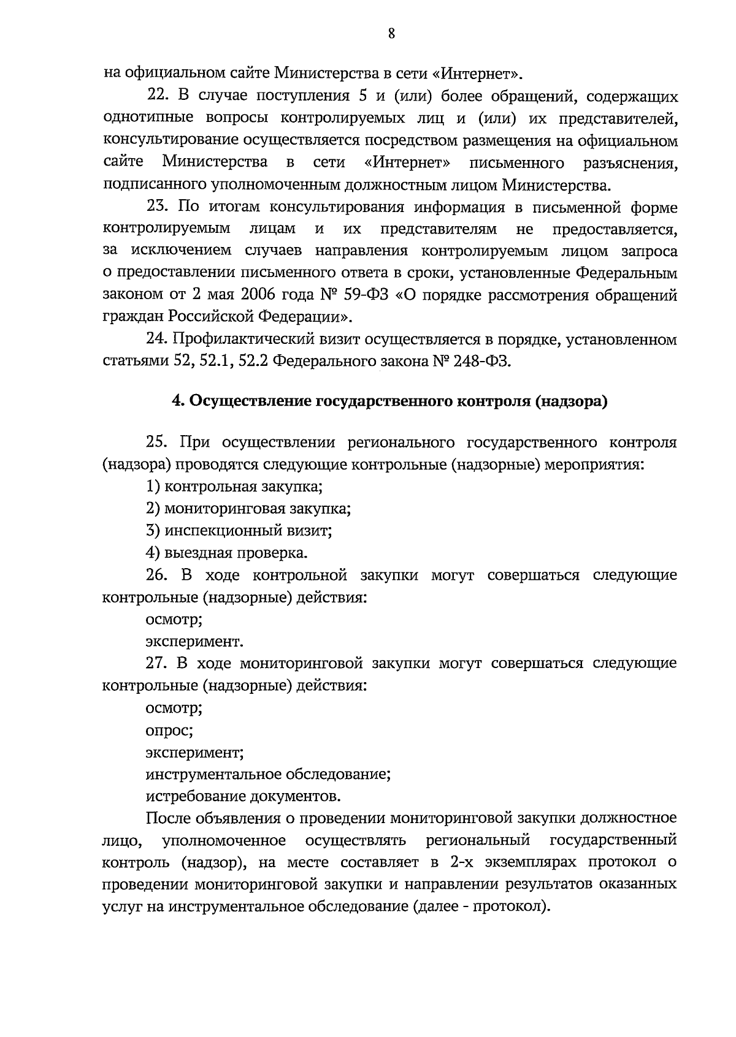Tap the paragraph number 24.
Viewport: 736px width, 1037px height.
pyautogui.click(x=157, y=339)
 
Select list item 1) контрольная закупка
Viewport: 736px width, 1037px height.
pyautogui.click(x=234, y=487)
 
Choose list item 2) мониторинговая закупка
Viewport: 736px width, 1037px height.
pyautogui.click(x=248, y=509)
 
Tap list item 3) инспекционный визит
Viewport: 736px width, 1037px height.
pyautogui.click(x=239, y=531)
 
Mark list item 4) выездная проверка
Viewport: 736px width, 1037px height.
pyautogui.click(x=226, y=553)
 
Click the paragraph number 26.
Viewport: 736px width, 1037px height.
pyautogui.click(x=157, y=575)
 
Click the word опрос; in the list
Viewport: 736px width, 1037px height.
pyautogui.click(x=169, y=731)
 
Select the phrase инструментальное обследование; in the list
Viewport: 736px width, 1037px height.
pyautogui.click(x=269, y=774)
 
